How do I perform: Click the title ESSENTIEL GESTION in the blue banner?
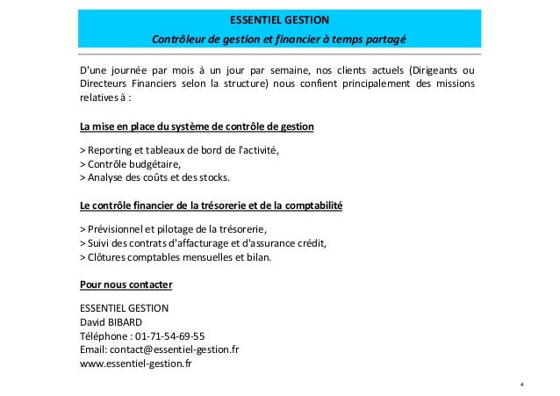pyautogui.click(x=280, y=18)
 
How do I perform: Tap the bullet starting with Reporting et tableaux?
pyautogui.click(x=180, y=150)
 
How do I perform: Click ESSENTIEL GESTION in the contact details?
pyautogui.click(x=124, y=308)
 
